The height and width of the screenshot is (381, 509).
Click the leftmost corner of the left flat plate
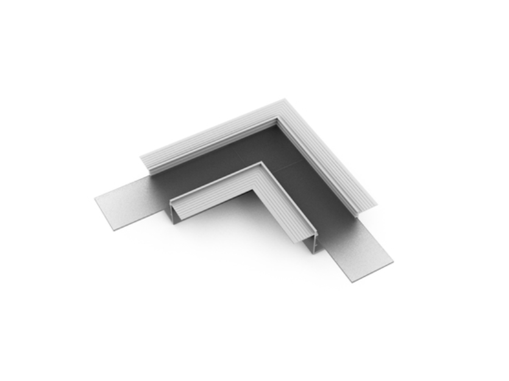(x=96, y=199)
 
